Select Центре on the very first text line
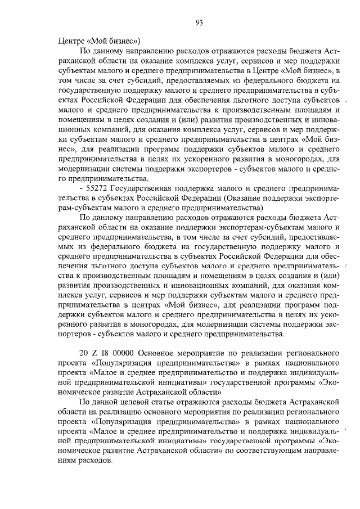(x=71, y=40)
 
